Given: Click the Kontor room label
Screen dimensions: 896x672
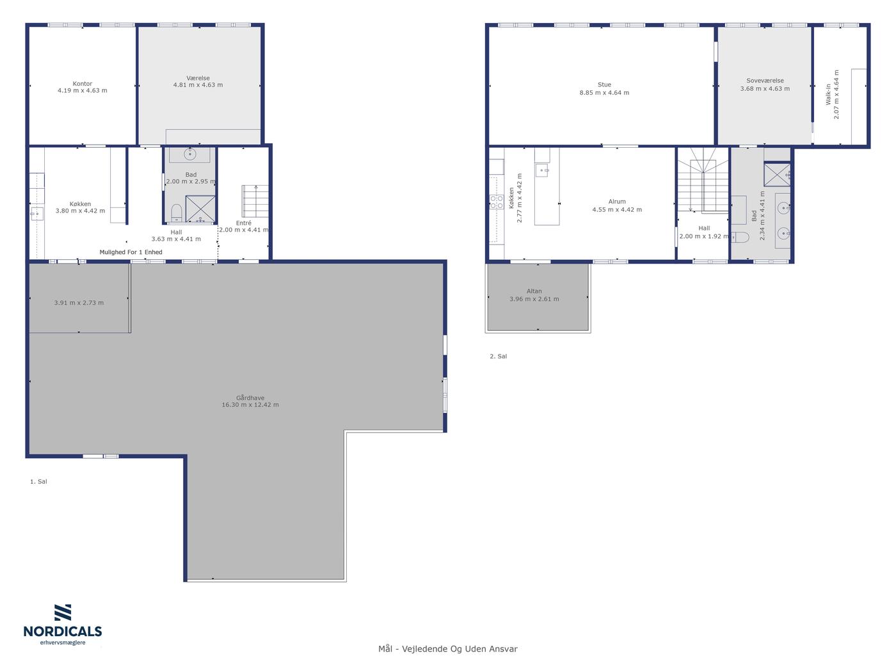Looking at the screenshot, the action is coord(82,84).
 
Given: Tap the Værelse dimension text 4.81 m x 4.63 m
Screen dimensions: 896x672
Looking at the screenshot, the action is coord(198,85).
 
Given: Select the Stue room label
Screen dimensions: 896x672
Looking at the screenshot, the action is coord(604,84).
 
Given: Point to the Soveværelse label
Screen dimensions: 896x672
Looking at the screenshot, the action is coord(765,81).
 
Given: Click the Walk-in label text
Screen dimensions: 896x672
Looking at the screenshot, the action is coord(828,94).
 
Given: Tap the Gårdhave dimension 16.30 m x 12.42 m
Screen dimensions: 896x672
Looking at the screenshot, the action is coord(250,404).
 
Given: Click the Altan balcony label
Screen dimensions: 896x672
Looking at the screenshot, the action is coord(534,291).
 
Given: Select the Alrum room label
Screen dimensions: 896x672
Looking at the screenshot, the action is coord(617,202).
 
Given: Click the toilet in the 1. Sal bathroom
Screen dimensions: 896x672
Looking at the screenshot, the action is coord(177,213).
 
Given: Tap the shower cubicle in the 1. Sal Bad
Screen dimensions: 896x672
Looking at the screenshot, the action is coord(200,209).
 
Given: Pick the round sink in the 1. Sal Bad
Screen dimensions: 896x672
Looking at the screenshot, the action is coord(190,154).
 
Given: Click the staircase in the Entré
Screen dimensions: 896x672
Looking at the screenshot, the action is coord(255,201).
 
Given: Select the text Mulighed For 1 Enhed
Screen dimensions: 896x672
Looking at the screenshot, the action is coord(131,252).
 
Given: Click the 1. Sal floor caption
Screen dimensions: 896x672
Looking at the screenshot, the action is coord(38,481).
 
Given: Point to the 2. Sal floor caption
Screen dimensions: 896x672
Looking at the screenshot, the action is coord(498,356).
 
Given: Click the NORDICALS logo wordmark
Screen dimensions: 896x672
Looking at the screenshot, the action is coord(63,631).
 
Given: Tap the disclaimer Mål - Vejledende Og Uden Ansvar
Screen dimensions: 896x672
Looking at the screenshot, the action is coord(447,649).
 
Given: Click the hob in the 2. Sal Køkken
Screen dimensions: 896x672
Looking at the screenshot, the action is coord(497,202).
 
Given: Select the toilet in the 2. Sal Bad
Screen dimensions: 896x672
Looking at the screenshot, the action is coord(740,237).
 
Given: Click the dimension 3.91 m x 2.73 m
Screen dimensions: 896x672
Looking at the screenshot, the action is coord(79,303).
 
